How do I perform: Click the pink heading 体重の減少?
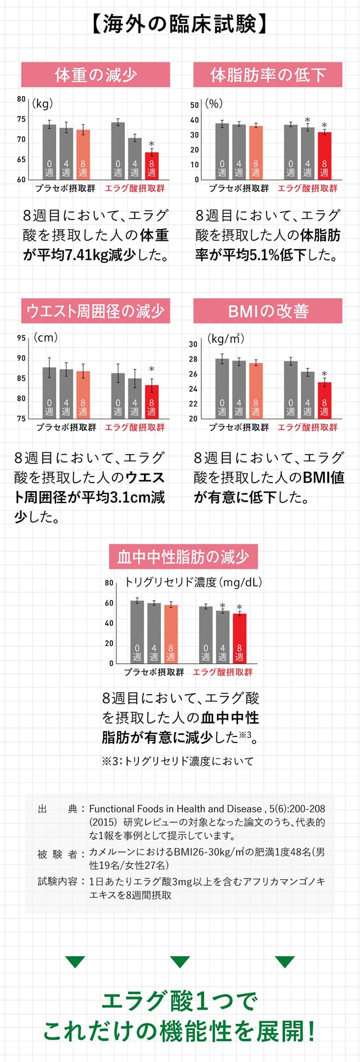coord(96,75)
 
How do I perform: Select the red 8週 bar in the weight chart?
coord(151,166)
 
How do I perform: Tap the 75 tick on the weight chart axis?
coord(21,119)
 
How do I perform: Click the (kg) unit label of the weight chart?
coord(42,103)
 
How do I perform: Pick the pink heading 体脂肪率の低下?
coord(268,75)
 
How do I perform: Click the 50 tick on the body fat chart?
coord(195,105)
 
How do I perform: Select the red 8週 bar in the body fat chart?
coord(324,156)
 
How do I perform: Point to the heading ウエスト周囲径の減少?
coord(96,311)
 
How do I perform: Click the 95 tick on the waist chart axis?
coord(21,338)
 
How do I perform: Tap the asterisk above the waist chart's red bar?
coord(151,370)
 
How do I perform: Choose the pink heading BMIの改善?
coord(268,311)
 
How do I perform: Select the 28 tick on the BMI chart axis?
coord(193,359)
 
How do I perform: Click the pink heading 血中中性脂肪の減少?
coord(183,557)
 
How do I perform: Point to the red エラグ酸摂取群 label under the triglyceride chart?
coord(223,672)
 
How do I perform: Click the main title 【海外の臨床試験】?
coord(180,24)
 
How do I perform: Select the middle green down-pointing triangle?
coord(180,962)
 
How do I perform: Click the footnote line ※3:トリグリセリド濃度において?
coord(178,761)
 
